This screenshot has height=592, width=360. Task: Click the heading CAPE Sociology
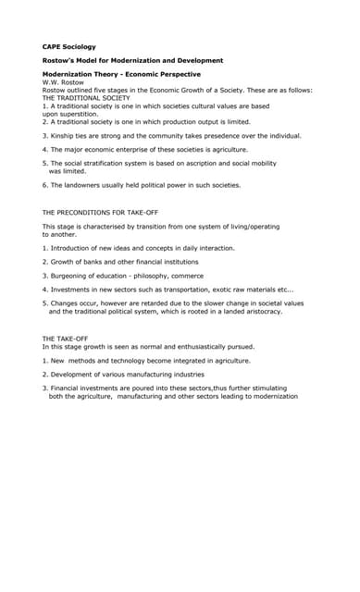point(68,46)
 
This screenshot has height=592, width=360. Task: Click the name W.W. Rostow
point(63,82)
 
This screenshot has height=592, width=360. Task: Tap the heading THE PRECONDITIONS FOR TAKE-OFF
point(105,213)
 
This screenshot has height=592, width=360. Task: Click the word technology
point(125,360)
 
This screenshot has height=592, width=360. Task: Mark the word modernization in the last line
point(270,396)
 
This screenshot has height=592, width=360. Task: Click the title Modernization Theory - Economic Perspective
point(121,74)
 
